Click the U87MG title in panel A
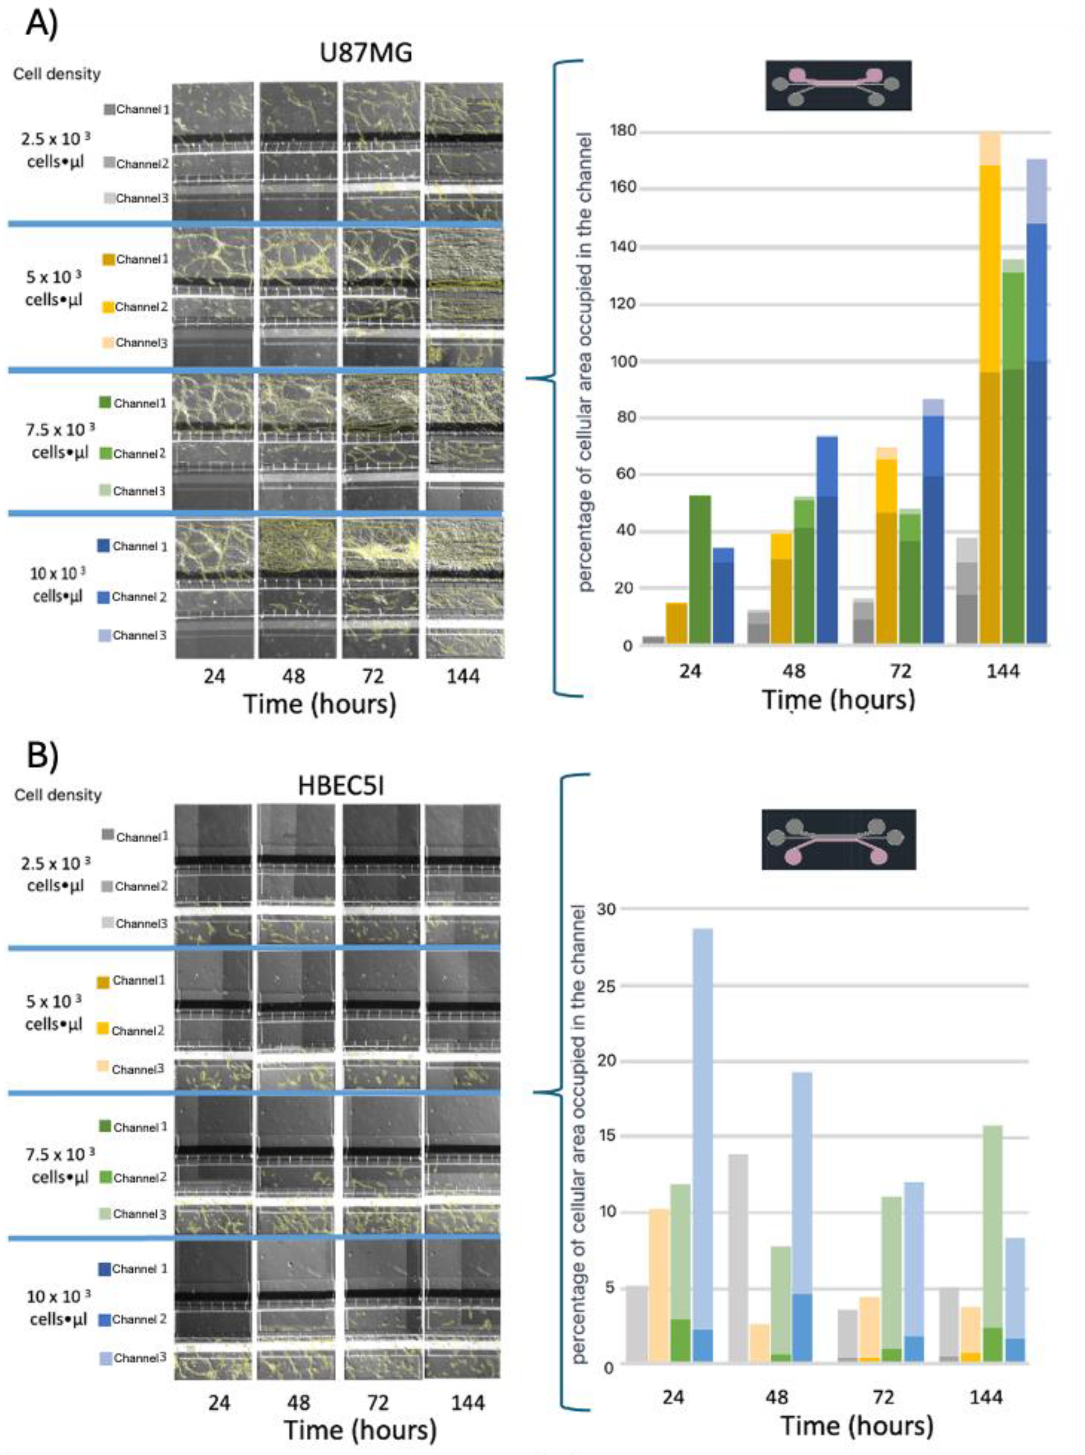[x=366, y=53]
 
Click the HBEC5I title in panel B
[x=341, y=786]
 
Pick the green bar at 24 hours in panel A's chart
[x=700, y=568]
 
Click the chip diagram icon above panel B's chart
[x=838, y=839]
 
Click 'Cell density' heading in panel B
[x=58, y=795]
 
